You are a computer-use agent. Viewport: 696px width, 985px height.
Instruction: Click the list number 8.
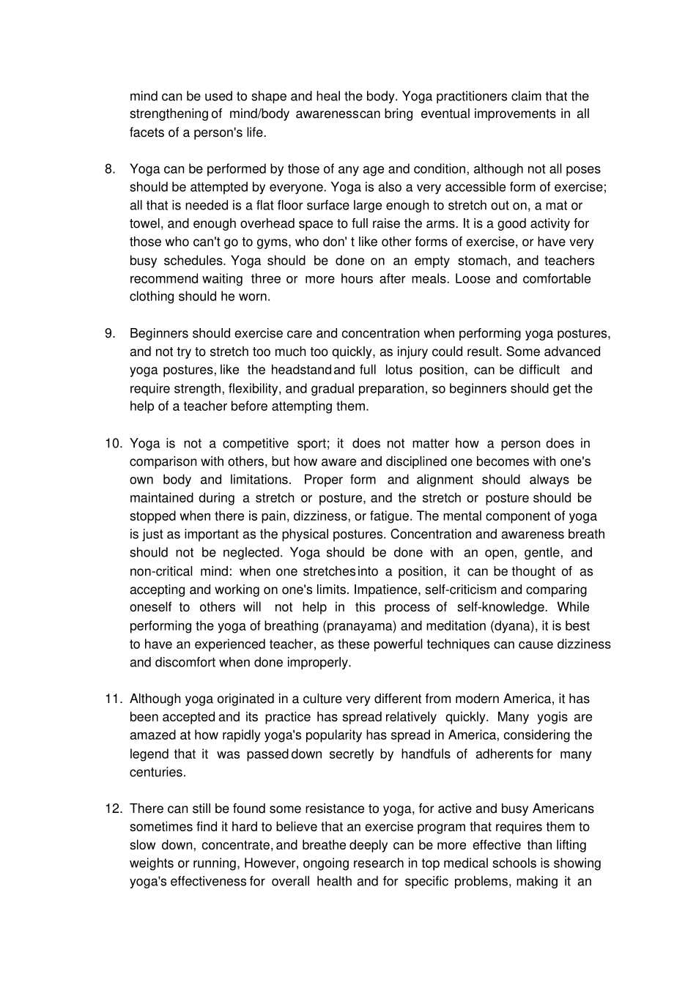(x=110, y=169)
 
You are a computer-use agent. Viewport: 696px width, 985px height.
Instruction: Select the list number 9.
(x=110, y=333)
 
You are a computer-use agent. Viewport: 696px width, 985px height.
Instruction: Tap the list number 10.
(x=113, y=443)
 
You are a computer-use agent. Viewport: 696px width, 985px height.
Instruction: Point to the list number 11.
(x=113, y=699)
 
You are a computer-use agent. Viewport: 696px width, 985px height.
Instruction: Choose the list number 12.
(x=113, y=809)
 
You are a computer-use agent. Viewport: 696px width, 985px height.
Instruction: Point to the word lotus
(x=399, y=370)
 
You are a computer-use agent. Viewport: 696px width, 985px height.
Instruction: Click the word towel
(x=146, y=224)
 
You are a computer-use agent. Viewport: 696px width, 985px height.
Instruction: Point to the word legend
(x=149, y=754)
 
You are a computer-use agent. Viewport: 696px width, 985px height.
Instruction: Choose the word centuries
(x=158, y=773)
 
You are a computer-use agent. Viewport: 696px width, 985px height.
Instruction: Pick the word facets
(x=148, y=133)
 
